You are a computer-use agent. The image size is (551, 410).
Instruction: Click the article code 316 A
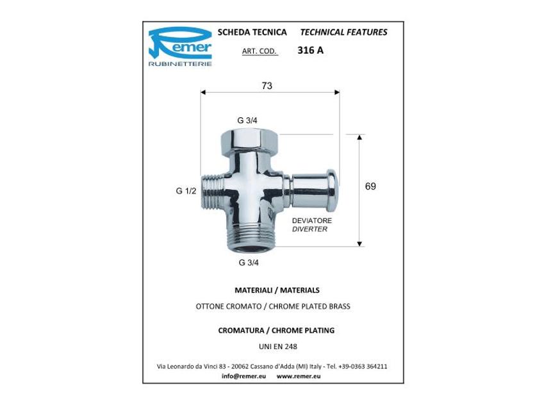[x=310, y=51]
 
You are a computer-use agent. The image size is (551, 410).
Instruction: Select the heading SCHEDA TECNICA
[x=252, y=32]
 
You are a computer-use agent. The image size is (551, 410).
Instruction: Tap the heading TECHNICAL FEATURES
[x=343, y=32]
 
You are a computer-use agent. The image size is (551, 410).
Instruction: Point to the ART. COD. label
[x=259, y=51]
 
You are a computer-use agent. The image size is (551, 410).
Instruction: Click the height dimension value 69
[x=370, y=186]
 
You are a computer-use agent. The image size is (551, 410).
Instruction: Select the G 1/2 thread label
[x=186, y=190]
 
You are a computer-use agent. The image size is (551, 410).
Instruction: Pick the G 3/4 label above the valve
[x=247, y=120]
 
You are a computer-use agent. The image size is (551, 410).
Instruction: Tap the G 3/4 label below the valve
[x=249, y=262]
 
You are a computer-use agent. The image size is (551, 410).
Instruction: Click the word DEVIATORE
[x=312, y=220]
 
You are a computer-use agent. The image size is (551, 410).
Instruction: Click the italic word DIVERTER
[x=309, y=229]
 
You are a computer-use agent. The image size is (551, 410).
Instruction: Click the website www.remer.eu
[x=299, y=376]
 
